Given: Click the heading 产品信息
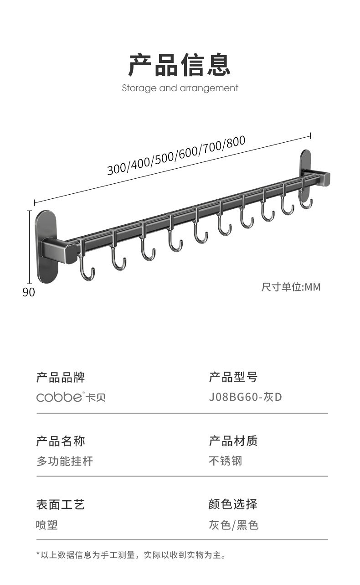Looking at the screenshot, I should pos(180,64).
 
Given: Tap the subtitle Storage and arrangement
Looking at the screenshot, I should pos(180,88).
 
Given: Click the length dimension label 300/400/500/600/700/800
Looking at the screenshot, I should pos(176,155).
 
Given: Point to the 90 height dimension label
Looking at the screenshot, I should pos(29,292).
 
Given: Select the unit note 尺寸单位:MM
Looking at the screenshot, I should pos(291,287).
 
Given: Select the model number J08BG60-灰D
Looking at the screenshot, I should pos(245,397).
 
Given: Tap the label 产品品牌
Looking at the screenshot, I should pos(61,377).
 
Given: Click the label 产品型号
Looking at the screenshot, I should pos(233,377).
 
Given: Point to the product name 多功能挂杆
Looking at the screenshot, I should pos(65,461).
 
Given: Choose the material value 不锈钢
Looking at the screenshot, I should pos(226,461).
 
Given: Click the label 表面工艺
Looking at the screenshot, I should pos(61,504).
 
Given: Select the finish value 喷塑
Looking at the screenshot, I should pos(47,525).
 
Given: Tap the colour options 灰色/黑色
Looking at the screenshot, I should pos(234,525).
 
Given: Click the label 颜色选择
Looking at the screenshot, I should pos(233,504).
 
